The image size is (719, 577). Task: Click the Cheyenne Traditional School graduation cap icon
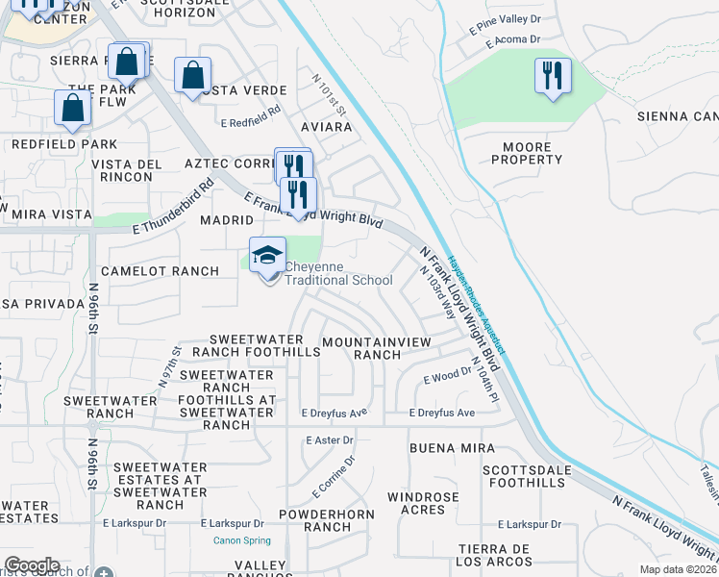(x=268, y=255)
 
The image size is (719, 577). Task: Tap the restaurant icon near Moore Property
(x=553, y=76)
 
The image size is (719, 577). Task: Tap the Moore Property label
(x=527, y=153)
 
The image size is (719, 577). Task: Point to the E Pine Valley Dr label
(x=506, y=31)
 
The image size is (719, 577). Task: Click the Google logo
(x=32, y=564)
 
